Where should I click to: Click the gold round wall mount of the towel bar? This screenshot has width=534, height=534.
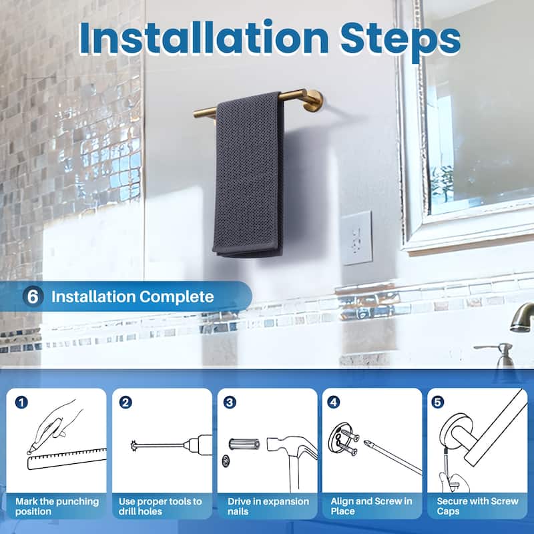click(312, 100)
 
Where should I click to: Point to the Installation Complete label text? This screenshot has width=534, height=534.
click(133, 296)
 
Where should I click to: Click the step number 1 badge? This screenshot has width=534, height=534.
click(22, 402)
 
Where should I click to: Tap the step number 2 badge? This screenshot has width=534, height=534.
click(125, 402)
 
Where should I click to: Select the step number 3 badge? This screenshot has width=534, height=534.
click(230, 402)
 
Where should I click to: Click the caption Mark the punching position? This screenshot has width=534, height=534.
click(57, 506)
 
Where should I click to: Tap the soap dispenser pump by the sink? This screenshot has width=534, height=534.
click(503, 354)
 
